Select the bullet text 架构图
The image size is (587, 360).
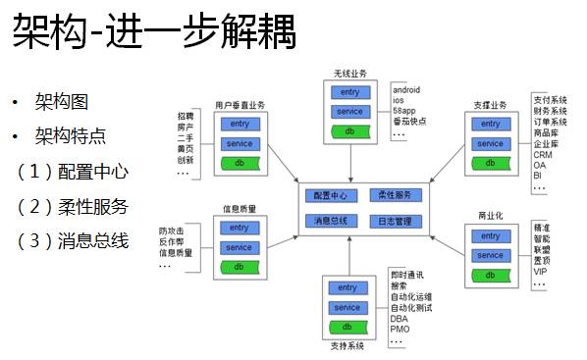click(x=61, y=103)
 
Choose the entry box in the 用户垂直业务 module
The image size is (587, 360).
click(x=240, y=125)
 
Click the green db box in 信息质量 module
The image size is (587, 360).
click(x=240, y=267)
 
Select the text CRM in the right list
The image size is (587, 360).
click(x=543, y=154)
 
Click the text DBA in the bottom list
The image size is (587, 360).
click(x=400, y=318)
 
